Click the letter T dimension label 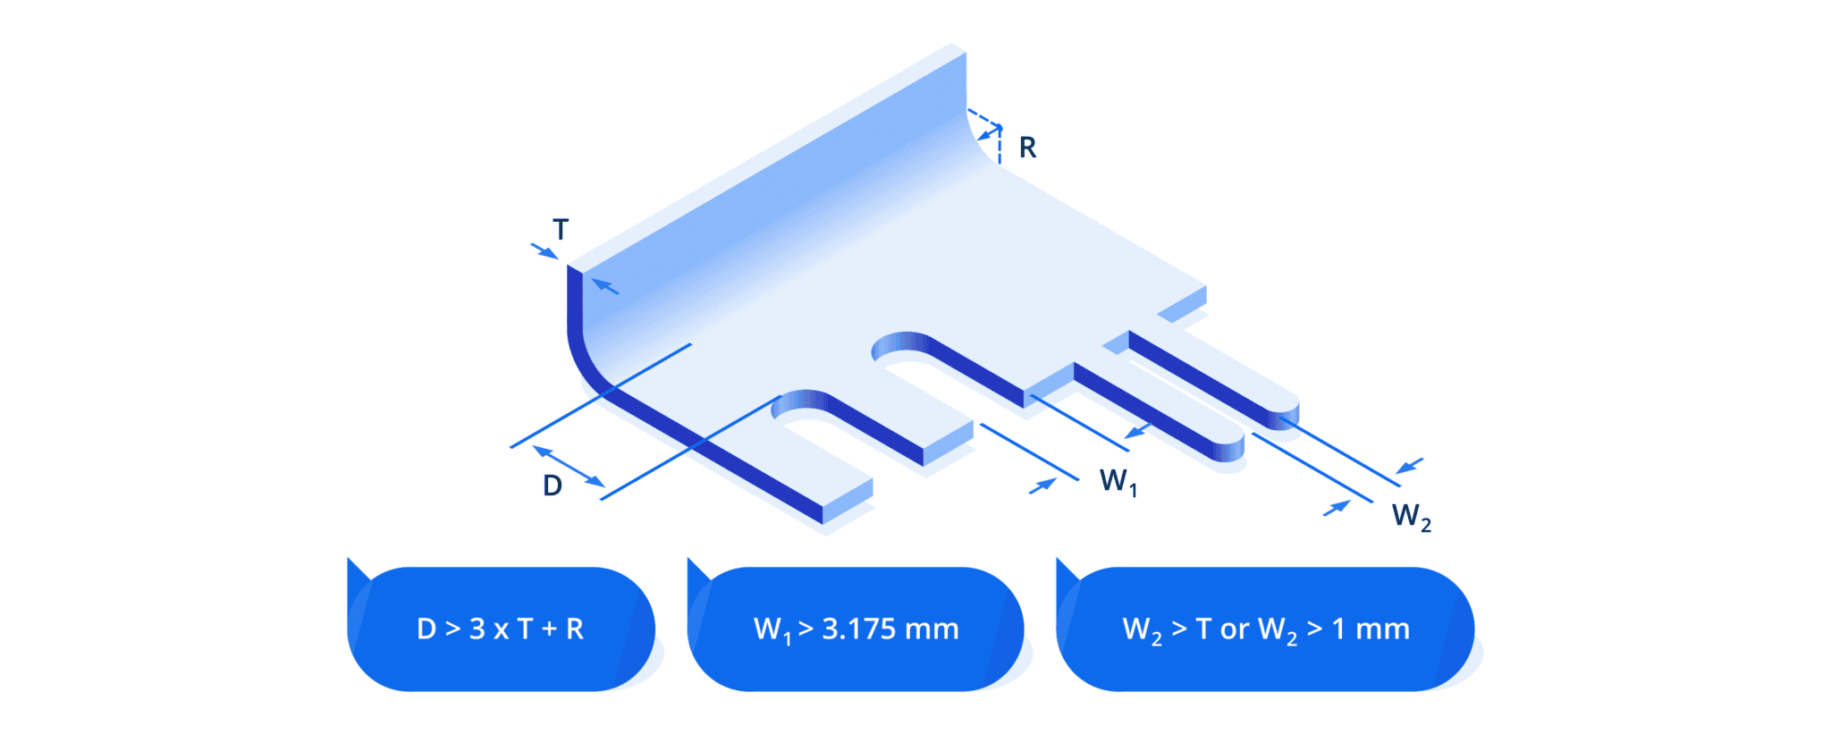coord(561,230)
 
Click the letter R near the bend coord(1027,148)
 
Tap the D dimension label coord(553,485)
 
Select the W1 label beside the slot coord(1118,482)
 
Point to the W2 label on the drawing coord(1411,517)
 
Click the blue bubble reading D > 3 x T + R coord(501,629)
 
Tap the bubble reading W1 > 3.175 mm coord(856,629)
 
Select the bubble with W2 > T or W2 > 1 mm coord(1265,629)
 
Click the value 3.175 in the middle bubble coord(858,629)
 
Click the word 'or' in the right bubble coord(1234,629)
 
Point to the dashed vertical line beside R coord(1000,148)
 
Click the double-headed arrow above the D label coord(570,467)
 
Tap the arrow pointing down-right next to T coord(544,250)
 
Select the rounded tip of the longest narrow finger coord(1286,413)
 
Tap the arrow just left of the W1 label coord(1042,486)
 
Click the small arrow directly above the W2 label coord(1409,466)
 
